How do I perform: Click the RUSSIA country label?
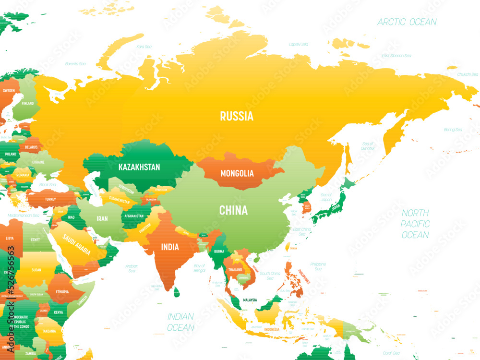coord(237,116)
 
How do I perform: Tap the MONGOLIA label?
coord(237,173)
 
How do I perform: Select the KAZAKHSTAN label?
coord(139,167)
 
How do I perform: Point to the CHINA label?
coord(233,210)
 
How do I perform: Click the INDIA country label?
coord(170,247)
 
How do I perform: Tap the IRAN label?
coord(102,218)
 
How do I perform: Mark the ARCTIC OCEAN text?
coord(407,22)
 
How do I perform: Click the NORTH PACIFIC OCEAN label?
coord(415,224)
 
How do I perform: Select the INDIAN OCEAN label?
coord(180,322)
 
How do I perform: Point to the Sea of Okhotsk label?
coord(368,146)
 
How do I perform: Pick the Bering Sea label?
coord(453,130)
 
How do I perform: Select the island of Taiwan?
coord(288,247)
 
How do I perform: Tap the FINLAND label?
coord(27,103)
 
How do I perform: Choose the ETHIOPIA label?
coord(62,291)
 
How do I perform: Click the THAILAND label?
coord(235,270)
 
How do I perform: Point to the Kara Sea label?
coord(144,47)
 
